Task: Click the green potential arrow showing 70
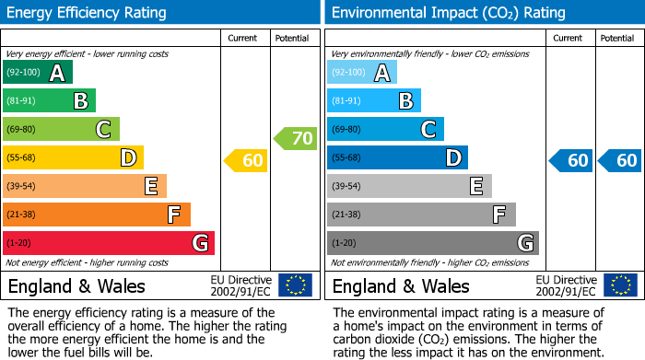pyautogui.click(x=296, y=139)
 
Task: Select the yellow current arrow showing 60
pyautogui.click(x=246, y=161)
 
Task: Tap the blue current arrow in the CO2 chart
pyautogui.click(x=571, y=161)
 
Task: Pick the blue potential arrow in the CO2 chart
pyautogui.click(x=619, y=161)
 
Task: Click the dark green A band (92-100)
pyautogui.click(x=37, y=73)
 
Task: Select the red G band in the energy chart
pyautogui.click(x=108, y=243)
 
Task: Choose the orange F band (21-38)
pyautogui.click(x=96, y=215)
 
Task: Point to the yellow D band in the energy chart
pyautogui.click(x=73, y=157)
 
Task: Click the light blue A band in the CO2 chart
pyautogui.click(x=362, y=73)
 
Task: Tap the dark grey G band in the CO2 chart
pyautogui.click(x=432, y=243)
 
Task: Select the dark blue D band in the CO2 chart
pyautogui.click(x=397, y=157)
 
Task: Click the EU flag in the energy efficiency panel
pyautogui.click(x=295, y=285)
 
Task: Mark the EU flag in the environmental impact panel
pyautogui.click(x=620, y=285)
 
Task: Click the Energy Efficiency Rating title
pyautogui.click(x=88, y=13)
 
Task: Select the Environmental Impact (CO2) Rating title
pyautogui.click(x=448, y=13)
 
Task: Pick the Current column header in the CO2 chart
pyautogui.click(x=569, y=38)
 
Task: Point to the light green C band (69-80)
pyautogui.click(x=61, y=129)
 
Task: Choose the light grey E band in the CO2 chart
pyautogui.click(x=409, y=186)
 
